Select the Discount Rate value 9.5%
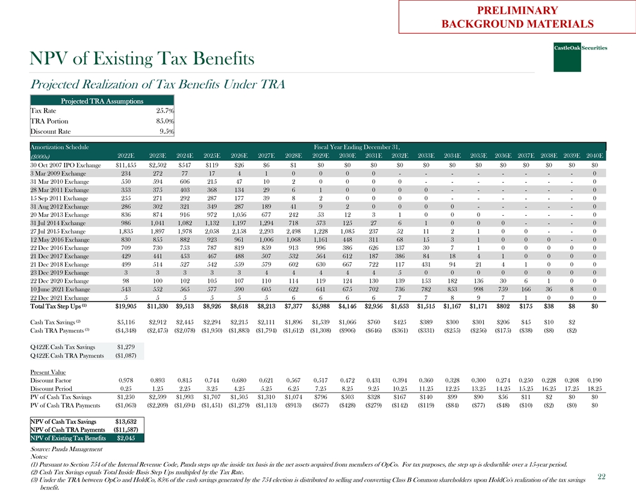[x=166, y=131]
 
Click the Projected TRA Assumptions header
[x=102, y=101]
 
